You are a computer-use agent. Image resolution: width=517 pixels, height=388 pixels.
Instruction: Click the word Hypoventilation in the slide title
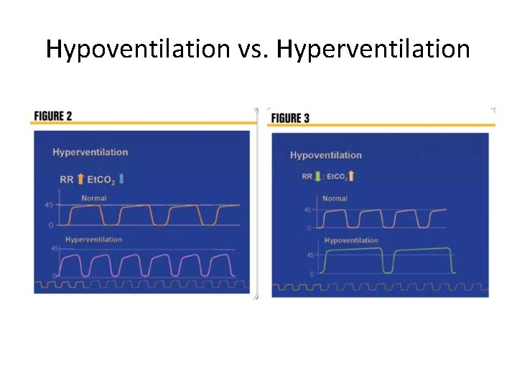pyautogui.click(x=136, y=50)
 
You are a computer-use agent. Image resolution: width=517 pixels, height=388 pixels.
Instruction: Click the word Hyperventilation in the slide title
pyautogui.click(x=373, y=50)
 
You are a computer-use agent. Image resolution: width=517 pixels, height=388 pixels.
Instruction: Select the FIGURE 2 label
pyautogui.click(x=53, y=116)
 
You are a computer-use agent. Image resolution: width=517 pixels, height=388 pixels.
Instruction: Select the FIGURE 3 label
pyautogui.click(x=290, y=118)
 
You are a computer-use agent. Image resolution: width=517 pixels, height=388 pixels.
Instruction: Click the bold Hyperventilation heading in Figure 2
pyautogui.click(x=90, y=152)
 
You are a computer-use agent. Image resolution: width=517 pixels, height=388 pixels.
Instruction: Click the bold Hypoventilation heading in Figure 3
pyautogui.click(x=326, y=155)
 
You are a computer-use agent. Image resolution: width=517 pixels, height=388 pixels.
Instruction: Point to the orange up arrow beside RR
pyautogui.click(x=80, y=179)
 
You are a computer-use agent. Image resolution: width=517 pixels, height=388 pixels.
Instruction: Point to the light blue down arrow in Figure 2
pyautogui.click(x=121, y=179)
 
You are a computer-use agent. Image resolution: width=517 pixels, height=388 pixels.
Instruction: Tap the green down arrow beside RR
pyautogui.click(x=318, y=176)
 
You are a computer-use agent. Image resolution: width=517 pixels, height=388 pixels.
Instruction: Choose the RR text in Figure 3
pyautogui.click(x=307, y=176)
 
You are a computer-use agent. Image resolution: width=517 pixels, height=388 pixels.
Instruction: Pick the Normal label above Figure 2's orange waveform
pyautogui.click(x=93, y=198)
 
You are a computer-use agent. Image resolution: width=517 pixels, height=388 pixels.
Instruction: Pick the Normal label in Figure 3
pyautogui.click(x=335, y=198)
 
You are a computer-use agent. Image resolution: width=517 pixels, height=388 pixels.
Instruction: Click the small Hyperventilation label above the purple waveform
pyautogui.click(x=93, y=239)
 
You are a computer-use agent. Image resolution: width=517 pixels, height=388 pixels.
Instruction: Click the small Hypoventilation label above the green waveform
pyautogui.click(x=350, y=241)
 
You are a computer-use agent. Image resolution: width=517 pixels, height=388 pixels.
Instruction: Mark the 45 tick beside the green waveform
pyautogui.click(x=310, y=255)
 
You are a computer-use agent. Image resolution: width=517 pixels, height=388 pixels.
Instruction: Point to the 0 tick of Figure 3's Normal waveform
pyautogui.click(x=309, y=228)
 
